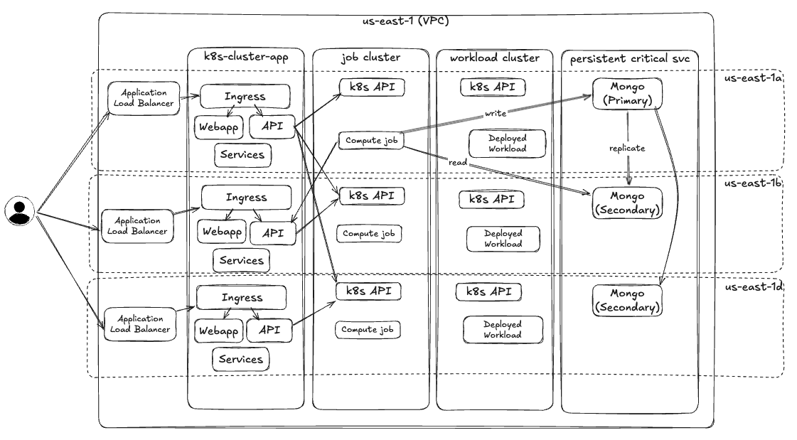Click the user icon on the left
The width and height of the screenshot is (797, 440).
click(x=20, y=212)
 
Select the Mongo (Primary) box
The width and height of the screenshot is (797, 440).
click(x=622, y=93)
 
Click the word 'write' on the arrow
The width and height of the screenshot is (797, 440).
click(x=495, y=113)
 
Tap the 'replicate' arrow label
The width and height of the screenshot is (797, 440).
click(x=627, y=149)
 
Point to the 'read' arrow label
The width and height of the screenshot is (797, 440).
click(x=457, y=163)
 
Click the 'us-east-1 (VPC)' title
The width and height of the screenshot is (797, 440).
click(x=406, y=20)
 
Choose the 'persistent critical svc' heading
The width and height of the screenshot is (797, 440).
click(x=630, y=58)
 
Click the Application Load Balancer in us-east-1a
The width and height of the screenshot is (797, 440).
click(x=144, y=98)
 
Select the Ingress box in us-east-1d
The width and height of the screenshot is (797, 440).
click(x=242, y=297)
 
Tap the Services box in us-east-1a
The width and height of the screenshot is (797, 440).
click(x=242, y=154)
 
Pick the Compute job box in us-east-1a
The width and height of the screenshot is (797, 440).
click(x=370, y=141)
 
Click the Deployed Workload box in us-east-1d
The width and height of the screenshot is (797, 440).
click(x=503, y=329)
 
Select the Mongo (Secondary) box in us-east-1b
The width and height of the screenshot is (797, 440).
click(x=627, y=203)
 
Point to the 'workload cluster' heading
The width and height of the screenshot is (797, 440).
click(x=495, y=58)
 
